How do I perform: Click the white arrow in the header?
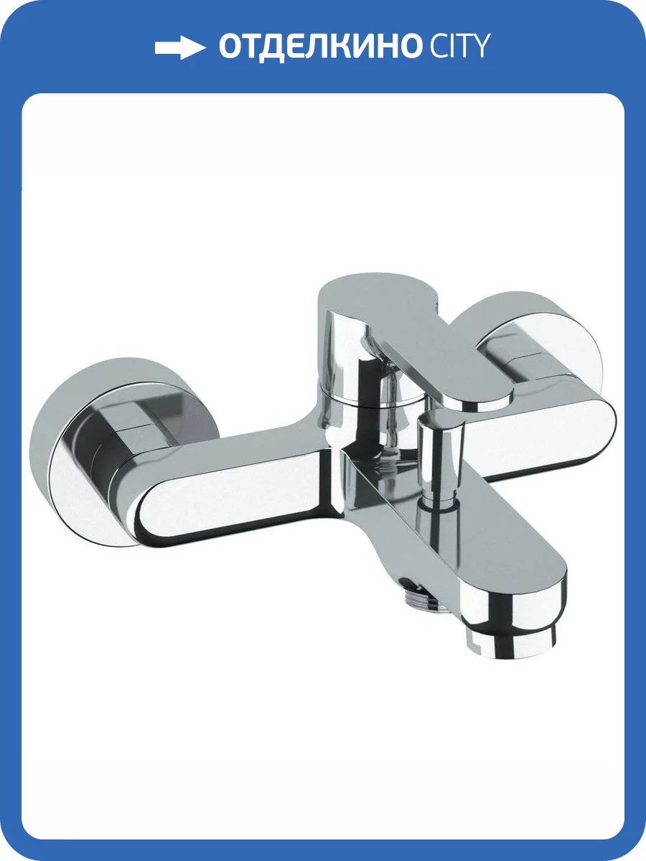click(180, 47)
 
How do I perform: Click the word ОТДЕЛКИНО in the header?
click(319, 47)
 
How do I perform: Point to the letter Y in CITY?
click(479, 46)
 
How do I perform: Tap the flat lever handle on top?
click(416, 334)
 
